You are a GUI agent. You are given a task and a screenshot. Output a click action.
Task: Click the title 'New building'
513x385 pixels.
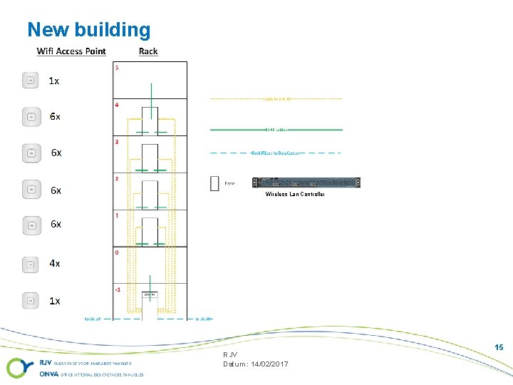(x=89, y=30)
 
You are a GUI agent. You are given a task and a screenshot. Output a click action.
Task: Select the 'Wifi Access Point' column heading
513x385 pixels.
(x=71, y=51)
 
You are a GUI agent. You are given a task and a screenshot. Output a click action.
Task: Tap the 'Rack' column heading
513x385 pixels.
(x=148, y=51)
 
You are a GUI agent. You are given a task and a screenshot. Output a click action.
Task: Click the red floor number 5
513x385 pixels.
(x=117, y=68)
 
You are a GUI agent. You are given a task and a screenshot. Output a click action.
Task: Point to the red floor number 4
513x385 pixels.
(x=117, y=105)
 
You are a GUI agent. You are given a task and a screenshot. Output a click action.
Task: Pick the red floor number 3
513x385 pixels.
(x=117, y=142)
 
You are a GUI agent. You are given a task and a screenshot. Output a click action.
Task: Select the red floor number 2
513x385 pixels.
(x=117, y=178)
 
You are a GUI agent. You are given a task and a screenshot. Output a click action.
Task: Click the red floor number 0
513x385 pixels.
(x=117, y=252)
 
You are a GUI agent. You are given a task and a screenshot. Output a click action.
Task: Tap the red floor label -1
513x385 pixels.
(x=118, y=289)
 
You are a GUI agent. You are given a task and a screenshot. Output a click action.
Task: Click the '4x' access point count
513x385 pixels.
(x=55, y=263)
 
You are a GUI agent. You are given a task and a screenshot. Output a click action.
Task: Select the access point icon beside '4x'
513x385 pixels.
(x=31, y=264)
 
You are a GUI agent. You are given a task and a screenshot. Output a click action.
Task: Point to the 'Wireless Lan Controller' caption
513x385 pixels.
(x=295, y=194)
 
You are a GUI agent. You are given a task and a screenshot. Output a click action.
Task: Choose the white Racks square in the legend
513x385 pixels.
(x=214, y=183)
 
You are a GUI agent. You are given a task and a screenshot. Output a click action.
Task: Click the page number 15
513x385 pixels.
(x=499, y=347)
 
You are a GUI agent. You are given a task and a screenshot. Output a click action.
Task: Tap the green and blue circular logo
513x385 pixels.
(x=18, y=368)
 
